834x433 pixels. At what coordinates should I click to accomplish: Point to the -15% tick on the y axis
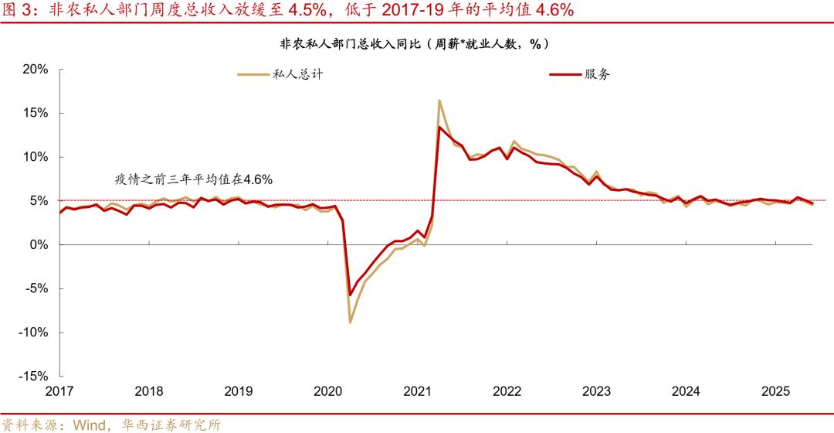click(x=33, y=376)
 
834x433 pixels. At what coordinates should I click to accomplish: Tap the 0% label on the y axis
click(x=39, y=244)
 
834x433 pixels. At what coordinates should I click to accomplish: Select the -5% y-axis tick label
click(x=36, y=288)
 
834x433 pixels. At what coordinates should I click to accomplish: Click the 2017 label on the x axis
click(x=60, y=391)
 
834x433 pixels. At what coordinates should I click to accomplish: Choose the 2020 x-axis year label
click(x=327, y=391)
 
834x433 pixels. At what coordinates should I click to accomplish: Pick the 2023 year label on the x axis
click(x=596, y=391)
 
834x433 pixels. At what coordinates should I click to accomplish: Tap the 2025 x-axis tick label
click(x=775, y=391)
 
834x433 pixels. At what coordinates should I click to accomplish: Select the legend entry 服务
click(x=597, y=74)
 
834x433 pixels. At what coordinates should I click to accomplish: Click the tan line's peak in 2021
click(x=439, y=101)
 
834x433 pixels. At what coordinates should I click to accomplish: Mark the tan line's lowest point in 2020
click(x=350, y=322)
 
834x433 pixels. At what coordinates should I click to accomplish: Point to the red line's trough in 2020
click(x=350, y=295)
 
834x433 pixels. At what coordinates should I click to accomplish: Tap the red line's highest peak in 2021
click(x=439, y=127)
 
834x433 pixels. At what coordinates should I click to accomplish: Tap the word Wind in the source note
click(x=90, y=424)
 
